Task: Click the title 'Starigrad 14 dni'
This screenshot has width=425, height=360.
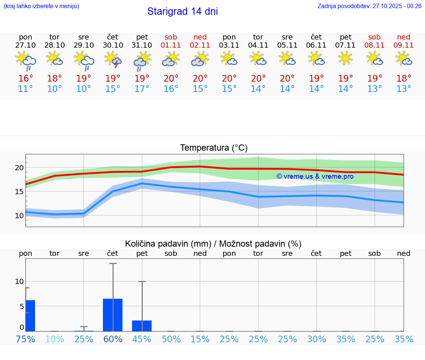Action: [x=182, y=11]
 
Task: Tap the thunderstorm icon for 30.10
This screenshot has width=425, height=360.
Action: [x=113, y=60]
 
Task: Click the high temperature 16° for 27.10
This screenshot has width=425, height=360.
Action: [x=25, y=78]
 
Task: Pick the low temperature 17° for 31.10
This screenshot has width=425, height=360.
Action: [x=142, y=89]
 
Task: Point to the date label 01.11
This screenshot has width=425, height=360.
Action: [x=171, y=45]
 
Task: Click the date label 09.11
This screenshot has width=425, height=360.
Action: [x=404, y=45]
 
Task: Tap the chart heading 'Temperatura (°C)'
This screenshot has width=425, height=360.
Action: [x=214, y=148]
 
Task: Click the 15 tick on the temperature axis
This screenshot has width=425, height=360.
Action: [x=20, y=191]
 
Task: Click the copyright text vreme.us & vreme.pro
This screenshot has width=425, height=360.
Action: [x=315, y=176]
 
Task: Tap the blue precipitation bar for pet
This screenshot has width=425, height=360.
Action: [x=142, y=326]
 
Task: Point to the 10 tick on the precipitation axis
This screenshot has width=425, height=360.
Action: [x=19, y=281]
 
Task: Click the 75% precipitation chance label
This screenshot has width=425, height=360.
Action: [x=25, y=339]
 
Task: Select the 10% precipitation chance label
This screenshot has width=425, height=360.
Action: [x=55, y=339]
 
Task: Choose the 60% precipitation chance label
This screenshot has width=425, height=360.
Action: [x=113, y=339]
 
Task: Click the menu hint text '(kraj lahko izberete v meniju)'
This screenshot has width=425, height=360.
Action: [x=41, y=6]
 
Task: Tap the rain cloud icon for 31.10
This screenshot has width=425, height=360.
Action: [x=142, y=61]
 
